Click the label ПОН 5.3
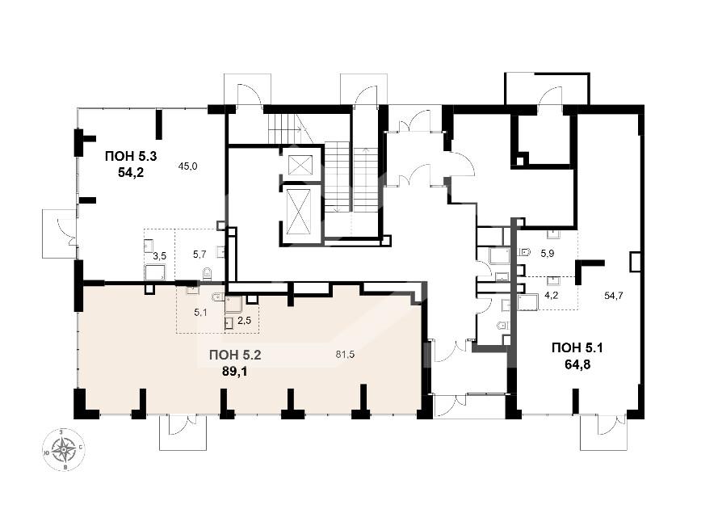tap(131, 156)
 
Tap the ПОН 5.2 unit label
tap(235, 355)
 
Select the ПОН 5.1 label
tap(577, 348)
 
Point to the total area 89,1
tap(234, 371)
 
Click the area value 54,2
tap(131, 173)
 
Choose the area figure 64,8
tap(577, 365)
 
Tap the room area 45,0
tap(187, 166)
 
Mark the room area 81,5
tap(345, 354)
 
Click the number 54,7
tap(614, 296)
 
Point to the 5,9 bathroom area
tap(548, 254)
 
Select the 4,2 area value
tap(552, 295)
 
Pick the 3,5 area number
tap(159, 256)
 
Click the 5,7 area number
tap(199, 255)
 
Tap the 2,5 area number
tap(245, 320)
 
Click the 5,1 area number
tap(200, 313)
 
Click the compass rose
tap(64, 449)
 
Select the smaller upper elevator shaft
tap(299, 166)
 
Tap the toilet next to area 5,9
tap(525, 252)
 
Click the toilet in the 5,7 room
tap(207, 274)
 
